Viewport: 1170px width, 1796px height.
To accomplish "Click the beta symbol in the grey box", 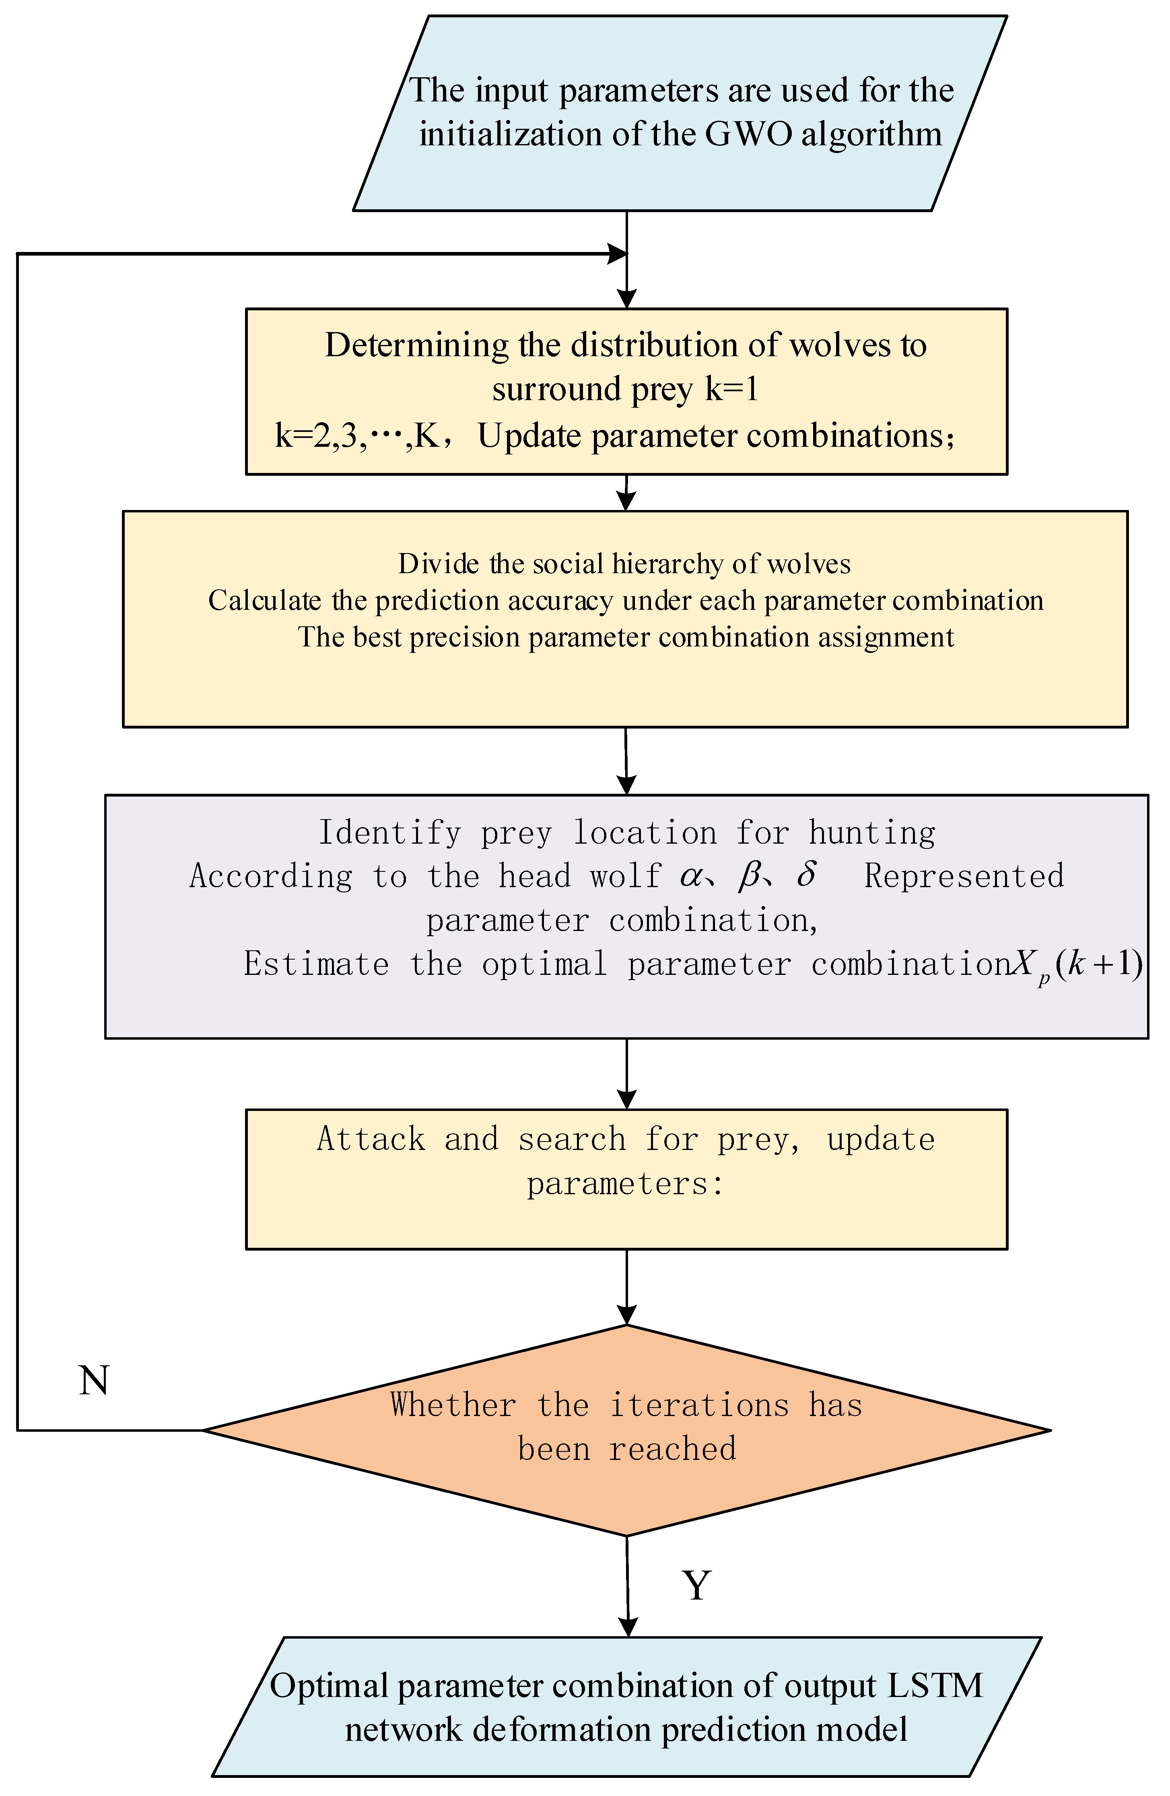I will [x=748, y=875].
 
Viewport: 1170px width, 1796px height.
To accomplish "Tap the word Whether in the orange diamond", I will [x=453, y=1405].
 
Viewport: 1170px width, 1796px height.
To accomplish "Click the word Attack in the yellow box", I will [x=371, y=1140].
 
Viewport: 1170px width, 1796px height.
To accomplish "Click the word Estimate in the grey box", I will [x=316, y=964].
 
